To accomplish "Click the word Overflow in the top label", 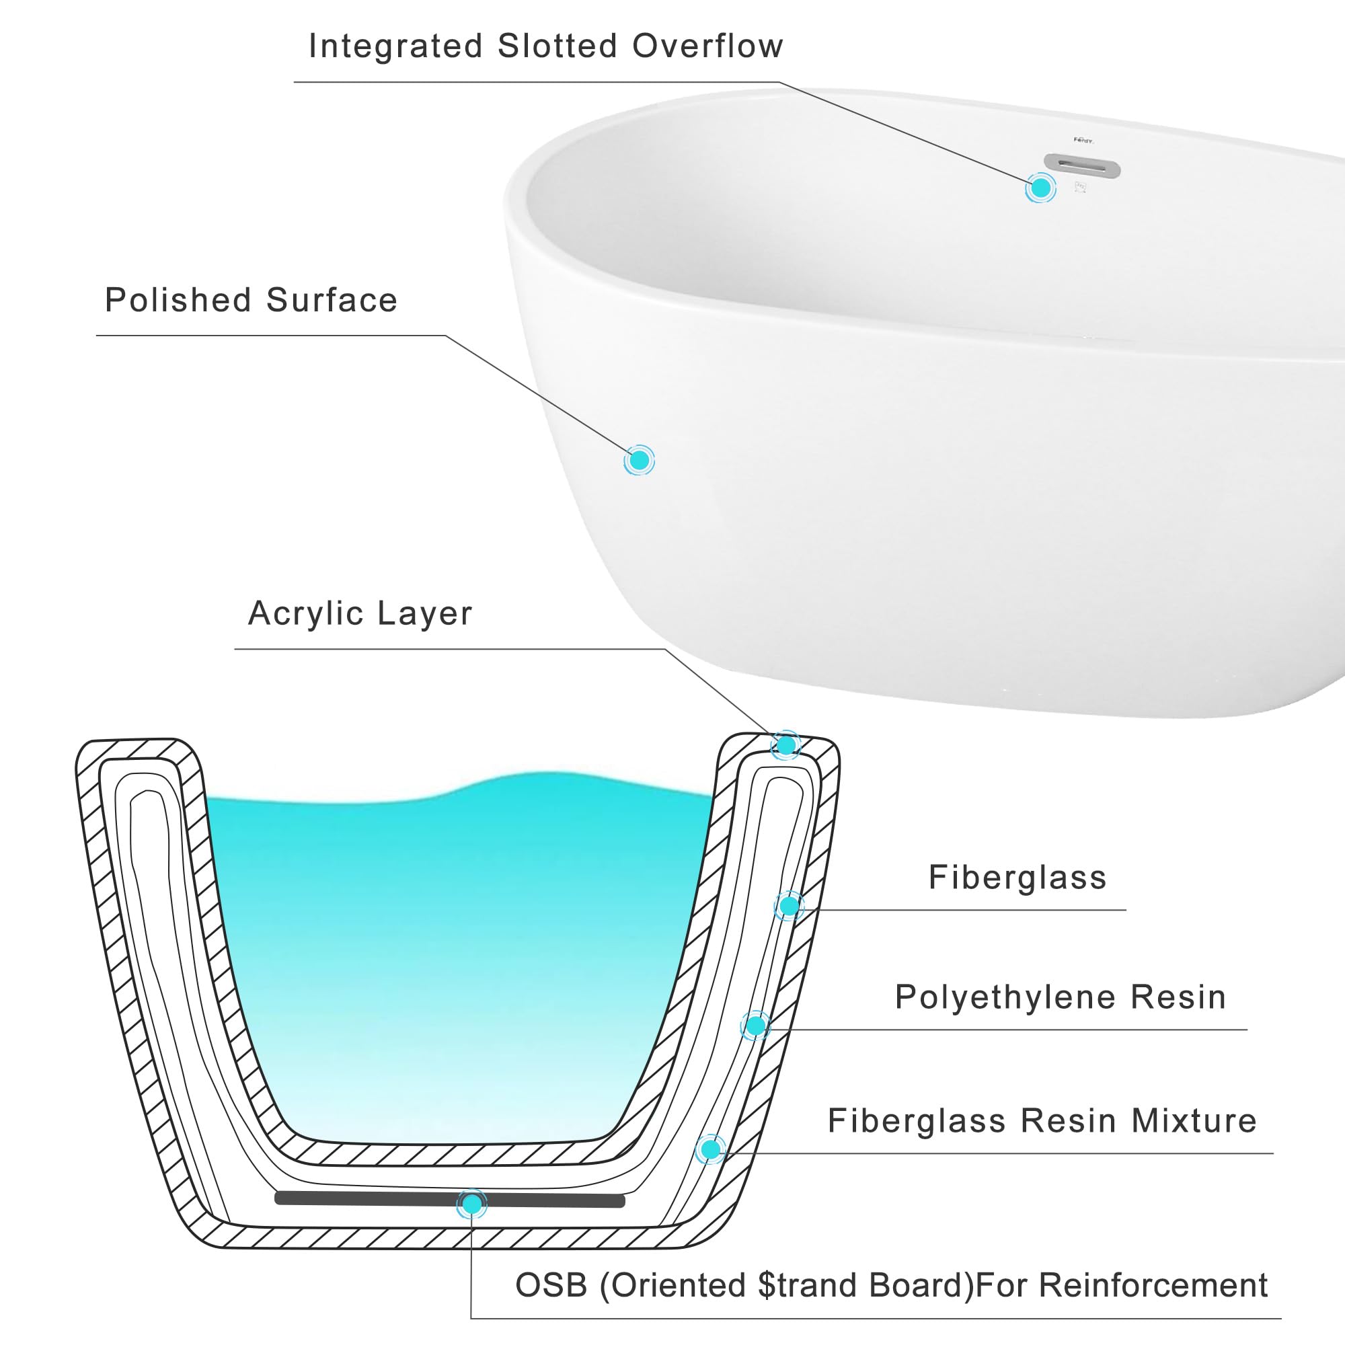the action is click(707, 46).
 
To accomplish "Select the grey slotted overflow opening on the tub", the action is click(1083, 167).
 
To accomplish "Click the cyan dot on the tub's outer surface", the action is click(639, 460).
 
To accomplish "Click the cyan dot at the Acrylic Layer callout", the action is click(786, 746).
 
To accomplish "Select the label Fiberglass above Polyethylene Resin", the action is click(1017, 877).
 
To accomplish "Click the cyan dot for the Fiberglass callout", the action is click(789, 906).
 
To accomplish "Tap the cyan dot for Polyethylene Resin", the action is click(755, 1026).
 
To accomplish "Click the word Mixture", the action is click(1194, 1121).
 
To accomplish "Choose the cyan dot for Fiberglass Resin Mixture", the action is click(710, 1149).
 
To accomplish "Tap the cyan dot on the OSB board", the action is click(472, 1204).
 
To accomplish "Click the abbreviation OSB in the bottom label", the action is click(551, 1285).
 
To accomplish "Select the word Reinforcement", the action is click(1153, 1285).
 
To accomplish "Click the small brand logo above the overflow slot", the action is click(1083, 140).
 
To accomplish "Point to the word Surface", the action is click(332, 300).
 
